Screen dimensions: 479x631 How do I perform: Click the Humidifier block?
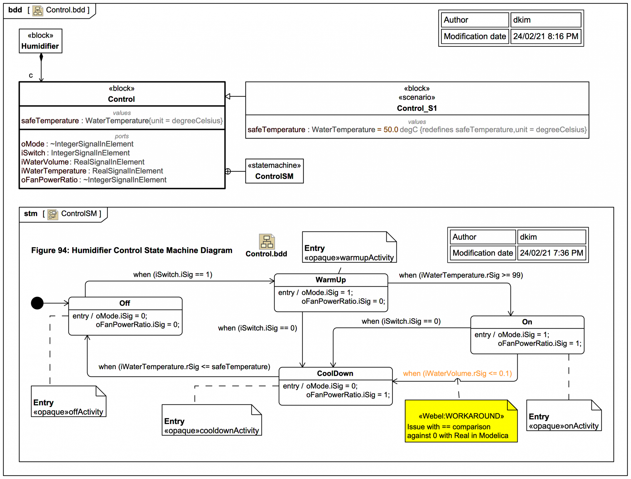tap(40, 41)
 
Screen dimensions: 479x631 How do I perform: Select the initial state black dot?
tap(37, 303)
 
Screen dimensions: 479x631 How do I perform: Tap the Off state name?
tap(125, 303)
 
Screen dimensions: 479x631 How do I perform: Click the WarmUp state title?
tap(331, 280)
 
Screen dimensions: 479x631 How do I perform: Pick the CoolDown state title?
tap(335, 373)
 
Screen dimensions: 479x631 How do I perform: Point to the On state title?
tap(527, 322)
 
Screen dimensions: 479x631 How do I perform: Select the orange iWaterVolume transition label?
tap(457, 373)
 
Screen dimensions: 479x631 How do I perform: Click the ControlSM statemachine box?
tap(274, 171)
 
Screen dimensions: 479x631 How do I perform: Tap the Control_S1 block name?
tap(417, 108)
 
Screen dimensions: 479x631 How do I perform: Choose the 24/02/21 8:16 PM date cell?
tap(546, 36)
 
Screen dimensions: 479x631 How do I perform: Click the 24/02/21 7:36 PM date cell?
tap(551, 253)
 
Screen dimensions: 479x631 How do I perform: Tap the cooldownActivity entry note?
tap(211, 421)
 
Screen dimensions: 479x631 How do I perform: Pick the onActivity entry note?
tap(563, 416)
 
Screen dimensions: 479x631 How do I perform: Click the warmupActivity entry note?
tap(349, 248)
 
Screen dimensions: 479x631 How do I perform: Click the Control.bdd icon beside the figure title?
tap(267, 242)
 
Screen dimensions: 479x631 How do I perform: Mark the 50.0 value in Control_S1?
tap(390, 130)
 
